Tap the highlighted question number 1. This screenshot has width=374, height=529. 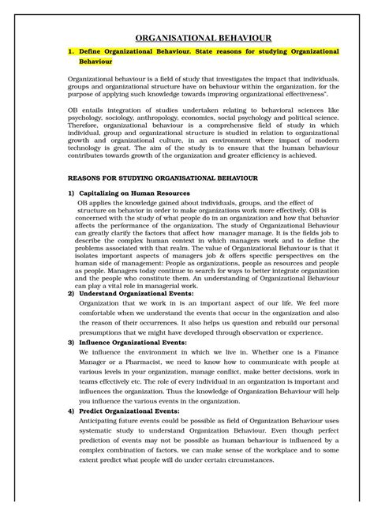[x=71, y=51]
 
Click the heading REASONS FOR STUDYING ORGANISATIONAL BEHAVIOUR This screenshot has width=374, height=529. [x=174, y=179]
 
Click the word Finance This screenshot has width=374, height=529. [x=322, y=356]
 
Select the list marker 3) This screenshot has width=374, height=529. [x=72, y=343]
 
